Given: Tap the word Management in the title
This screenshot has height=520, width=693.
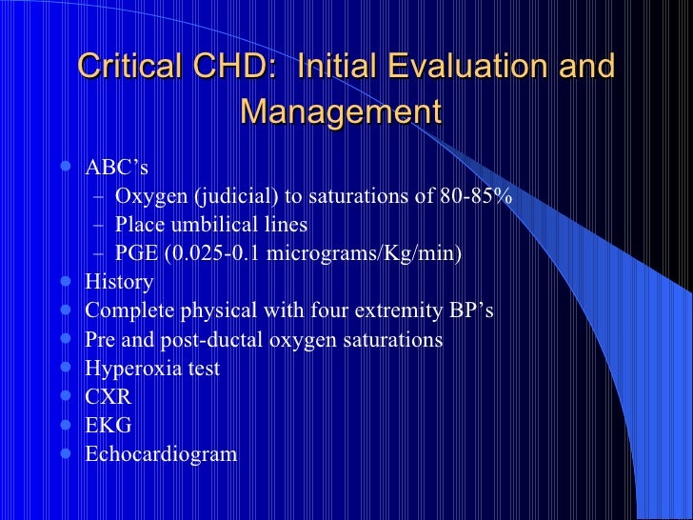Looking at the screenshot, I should (341, 111).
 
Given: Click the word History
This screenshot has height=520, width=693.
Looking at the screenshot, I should (119, 282).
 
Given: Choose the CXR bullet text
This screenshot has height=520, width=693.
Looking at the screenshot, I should (108, 396).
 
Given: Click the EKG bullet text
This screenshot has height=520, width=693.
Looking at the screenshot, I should (108, 425).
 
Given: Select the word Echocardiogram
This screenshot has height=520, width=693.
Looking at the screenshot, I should (161, 453).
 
